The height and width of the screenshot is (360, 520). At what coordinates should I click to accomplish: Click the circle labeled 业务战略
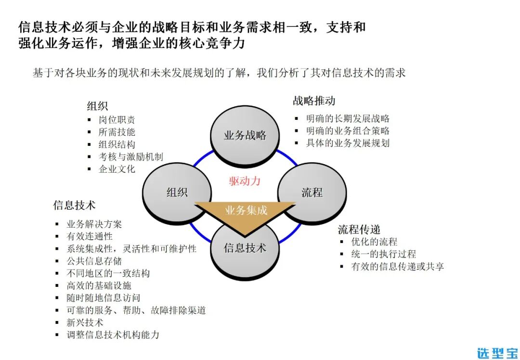click(245, 135)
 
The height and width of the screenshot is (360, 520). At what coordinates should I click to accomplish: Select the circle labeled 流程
click(312, 193)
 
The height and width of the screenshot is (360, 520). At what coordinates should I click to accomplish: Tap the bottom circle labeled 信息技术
click(245, 248)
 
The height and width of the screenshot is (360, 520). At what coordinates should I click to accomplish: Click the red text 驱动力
click(245, 181)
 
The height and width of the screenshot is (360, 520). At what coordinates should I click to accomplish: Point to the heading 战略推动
click(314, 101)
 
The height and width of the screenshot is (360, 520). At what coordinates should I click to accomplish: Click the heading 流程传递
click(359, 229)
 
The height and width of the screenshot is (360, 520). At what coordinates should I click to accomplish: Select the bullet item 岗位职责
click(117, 120)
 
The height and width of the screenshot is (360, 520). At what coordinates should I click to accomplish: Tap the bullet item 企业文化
click(117, 169)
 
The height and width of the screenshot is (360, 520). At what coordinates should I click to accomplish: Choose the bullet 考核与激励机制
click(130, 156)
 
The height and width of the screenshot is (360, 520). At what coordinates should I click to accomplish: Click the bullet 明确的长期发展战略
click(348, 118)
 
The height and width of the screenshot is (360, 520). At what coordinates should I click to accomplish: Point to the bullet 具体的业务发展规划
click(348, 143)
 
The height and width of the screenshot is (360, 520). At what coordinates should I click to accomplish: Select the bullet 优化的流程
click(374, 242)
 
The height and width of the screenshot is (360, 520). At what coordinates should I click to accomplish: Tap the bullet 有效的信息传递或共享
click(397, 266)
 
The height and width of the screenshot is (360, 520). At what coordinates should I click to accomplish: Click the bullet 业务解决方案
click(94, 224)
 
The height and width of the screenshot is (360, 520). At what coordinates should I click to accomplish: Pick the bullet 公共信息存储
click(94, 261)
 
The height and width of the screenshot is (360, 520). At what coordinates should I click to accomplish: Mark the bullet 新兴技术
click(85, 322)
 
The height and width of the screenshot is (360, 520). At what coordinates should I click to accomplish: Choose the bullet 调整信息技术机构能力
click(113, 334)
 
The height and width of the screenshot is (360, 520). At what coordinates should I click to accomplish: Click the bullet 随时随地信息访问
click(104, 298)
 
